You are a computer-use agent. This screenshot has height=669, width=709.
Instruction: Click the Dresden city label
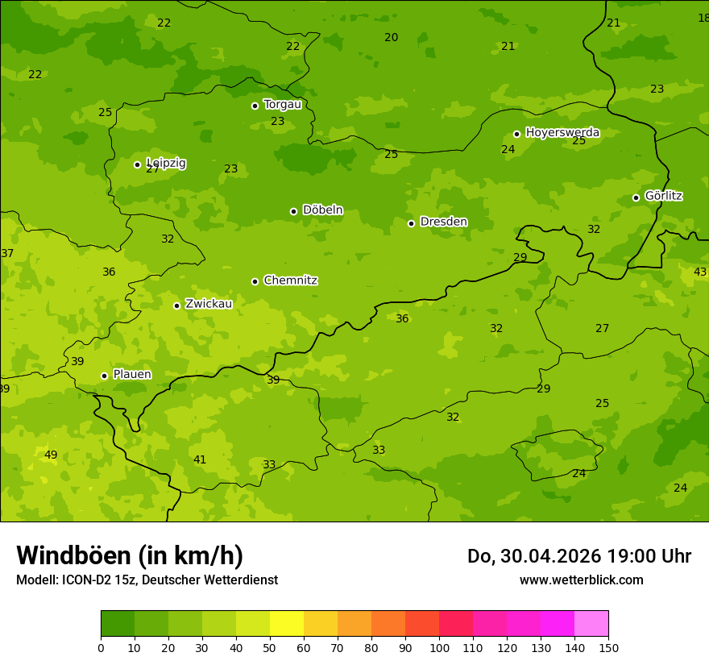tap(443, 222)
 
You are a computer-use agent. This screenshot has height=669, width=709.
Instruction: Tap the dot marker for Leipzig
tap(137, 164)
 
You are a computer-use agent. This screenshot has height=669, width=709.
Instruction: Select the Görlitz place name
tap(663, 196)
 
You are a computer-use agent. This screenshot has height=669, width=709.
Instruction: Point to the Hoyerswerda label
tap(562, 133)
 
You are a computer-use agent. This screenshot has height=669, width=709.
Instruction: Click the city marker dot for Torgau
tap(255, 106)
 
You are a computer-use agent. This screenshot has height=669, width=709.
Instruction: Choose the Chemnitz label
tap(290, 280)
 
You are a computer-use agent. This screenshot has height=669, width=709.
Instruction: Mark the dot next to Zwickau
tap(176, 305)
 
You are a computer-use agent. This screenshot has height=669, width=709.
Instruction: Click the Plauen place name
tap(132, 375)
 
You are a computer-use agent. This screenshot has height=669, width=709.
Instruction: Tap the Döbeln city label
tap(322, 210)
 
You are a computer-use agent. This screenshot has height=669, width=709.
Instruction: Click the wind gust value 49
tap(51, 455)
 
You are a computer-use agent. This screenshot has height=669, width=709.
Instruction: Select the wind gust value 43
tap(699, 272)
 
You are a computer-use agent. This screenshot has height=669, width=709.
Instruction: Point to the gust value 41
tap(200, 460)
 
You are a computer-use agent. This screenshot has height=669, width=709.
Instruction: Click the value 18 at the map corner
tap(703, 18)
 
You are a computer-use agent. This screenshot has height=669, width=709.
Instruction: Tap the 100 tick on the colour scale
tap(439, 646)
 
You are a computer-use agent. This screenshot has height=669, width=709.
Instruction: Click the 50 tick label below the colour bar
tap(270, 646)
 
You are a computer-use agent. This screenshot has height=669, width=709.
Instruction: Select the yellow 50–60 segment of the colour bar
tap(287, 624)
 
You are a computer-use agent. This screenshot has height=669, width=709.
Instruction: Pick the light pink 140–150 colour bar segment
tap(591, 624)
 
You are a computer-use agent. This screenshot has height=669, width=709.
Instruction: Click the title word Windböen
tap(74, 555)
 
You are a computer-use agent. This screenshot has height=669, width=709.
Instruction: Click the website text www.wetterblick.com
tap(581, 580)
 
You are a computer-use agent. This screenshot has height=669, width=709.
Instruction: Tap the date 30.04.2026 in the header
tap(548, 556)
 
